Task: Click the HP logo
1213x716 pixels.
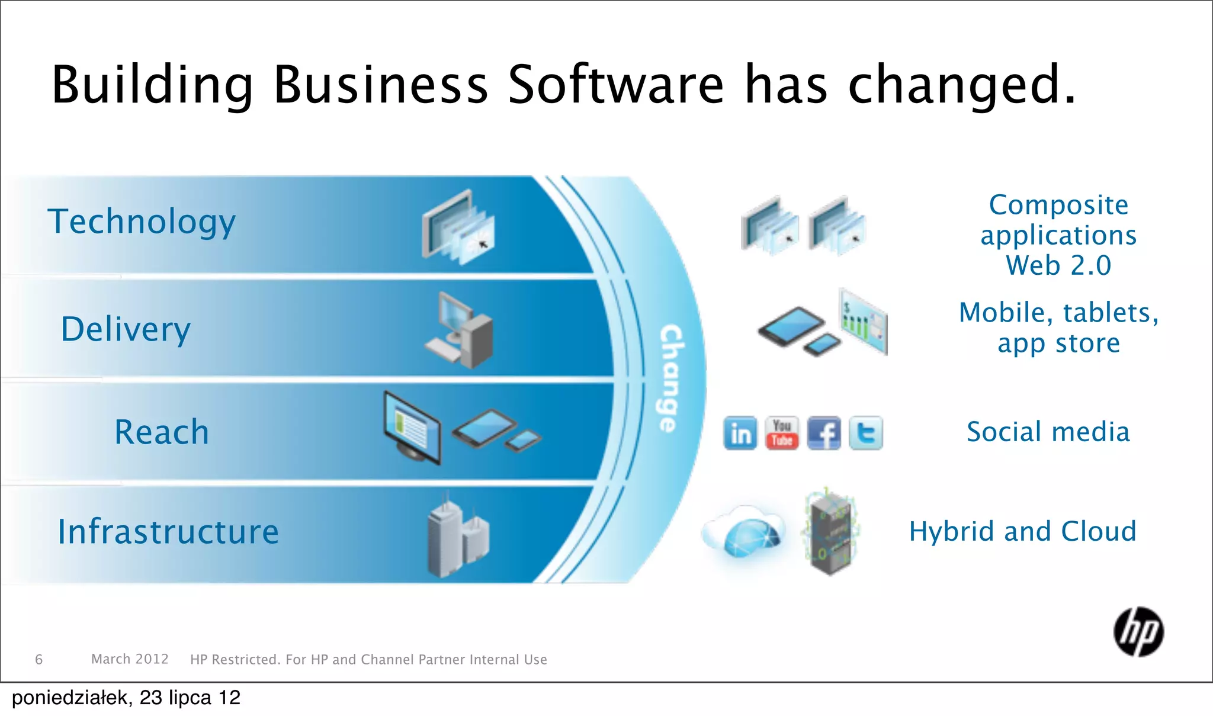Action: (x=1138, y=632)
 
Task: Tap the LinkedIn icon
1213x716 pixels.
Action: (x=740, y=433)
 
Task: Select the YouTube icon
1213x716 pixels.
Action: (x=782, y=433)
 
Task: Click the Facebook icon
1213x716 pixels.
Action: (x=824, y=433)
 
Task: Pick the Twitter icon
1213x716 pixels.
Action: (x=866, y=433)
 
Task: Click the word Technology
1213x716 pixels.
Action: (x=142, y=222)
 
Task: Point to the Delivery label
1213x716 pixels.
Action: (x=126, y=329)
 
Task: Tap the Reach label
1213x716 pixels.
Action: (x=162, y=432)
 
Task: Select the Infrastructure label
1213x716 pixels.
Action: (x=168, y=531)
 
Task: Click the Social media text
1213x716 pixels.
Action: (x=1048, y=432)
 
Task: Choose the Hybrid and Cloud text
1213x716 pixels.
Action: (x=1023, y=531)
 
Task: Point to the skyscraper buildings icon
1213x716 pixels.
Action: (x=457, y=538)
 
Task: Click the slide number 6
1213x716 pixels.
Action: (x=39, y=659)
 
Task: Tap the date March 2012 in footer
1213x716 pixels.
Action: (x=130, y=659)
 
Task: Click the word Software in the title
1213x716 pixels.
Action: (x=616, y=85)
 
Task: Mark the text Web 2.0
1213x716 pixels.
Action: (x=1058, y=265)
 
